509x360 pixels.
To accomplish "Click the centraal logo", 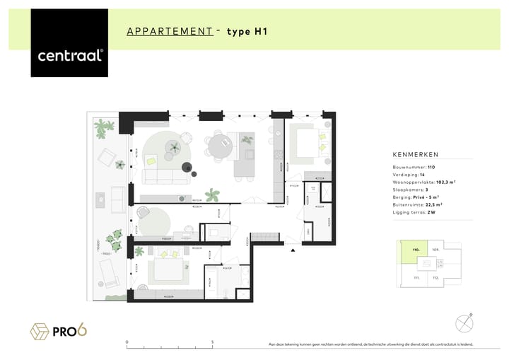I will [x=69, y=54].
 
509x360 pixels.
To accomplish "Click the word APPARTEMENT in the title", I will [x=170, y=31].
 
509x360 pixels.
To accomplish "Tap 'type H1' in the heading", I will [x=247, y=31].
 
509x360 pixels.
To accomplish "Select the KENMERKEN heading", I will [x=416, y=154].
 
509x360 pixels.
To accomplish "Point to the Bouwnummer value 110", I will [x=431, y=166].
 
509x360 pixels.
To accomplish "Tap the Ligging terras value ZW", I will [x=431, y=212].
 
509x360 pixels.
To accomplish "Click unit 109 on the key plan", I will [x=436, y=250].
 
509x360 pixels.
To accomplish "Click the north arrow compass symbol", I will [x=463, y=322].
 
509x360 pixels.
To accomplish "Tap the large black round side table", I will [x=188, y=168].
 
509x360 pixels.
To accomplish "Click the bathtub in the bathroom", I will [x=211, y=281].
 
